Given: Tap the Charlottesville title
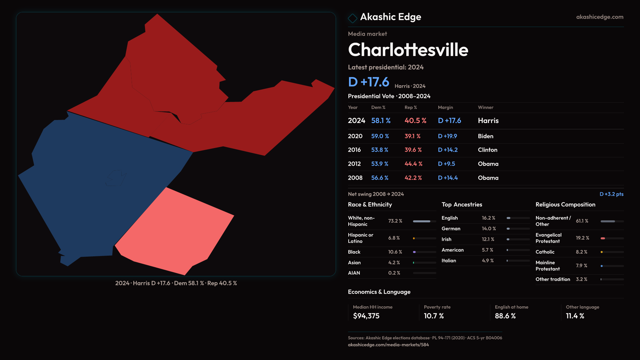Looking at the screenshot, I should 408,50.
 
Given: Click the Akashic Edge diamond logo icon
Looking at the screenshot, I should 352,18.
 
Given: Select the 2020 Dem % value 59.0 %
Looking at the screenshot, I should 380,136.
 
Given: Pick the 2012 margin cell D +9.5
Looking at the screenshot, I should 446,164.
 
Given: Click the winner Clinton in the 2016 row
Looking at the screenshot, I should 487,150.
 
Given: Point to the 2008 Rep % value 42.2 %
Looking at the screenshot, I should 413,178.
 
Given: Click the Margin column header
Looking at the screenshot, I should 445,107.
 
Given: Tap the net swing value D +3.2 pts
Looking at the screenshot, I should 611,194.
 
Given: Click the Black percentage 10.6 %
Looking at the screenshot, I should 395,252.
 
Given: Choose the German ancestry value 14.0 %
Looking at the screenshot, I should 489,229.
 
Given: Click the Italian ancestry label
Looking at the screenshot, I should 449,261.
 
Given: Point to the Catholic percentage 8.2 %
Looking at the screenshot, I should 581,252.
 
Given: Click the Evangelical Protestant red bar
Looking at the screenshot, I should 603,238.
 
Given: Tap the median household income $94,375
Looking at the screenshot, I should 366,316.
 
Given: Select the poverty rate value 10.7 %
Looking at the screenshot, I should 434,316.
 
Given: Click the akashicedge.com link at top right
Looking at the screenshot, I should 600,17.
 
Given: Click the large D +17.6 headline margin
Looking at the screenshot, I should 368,82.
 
